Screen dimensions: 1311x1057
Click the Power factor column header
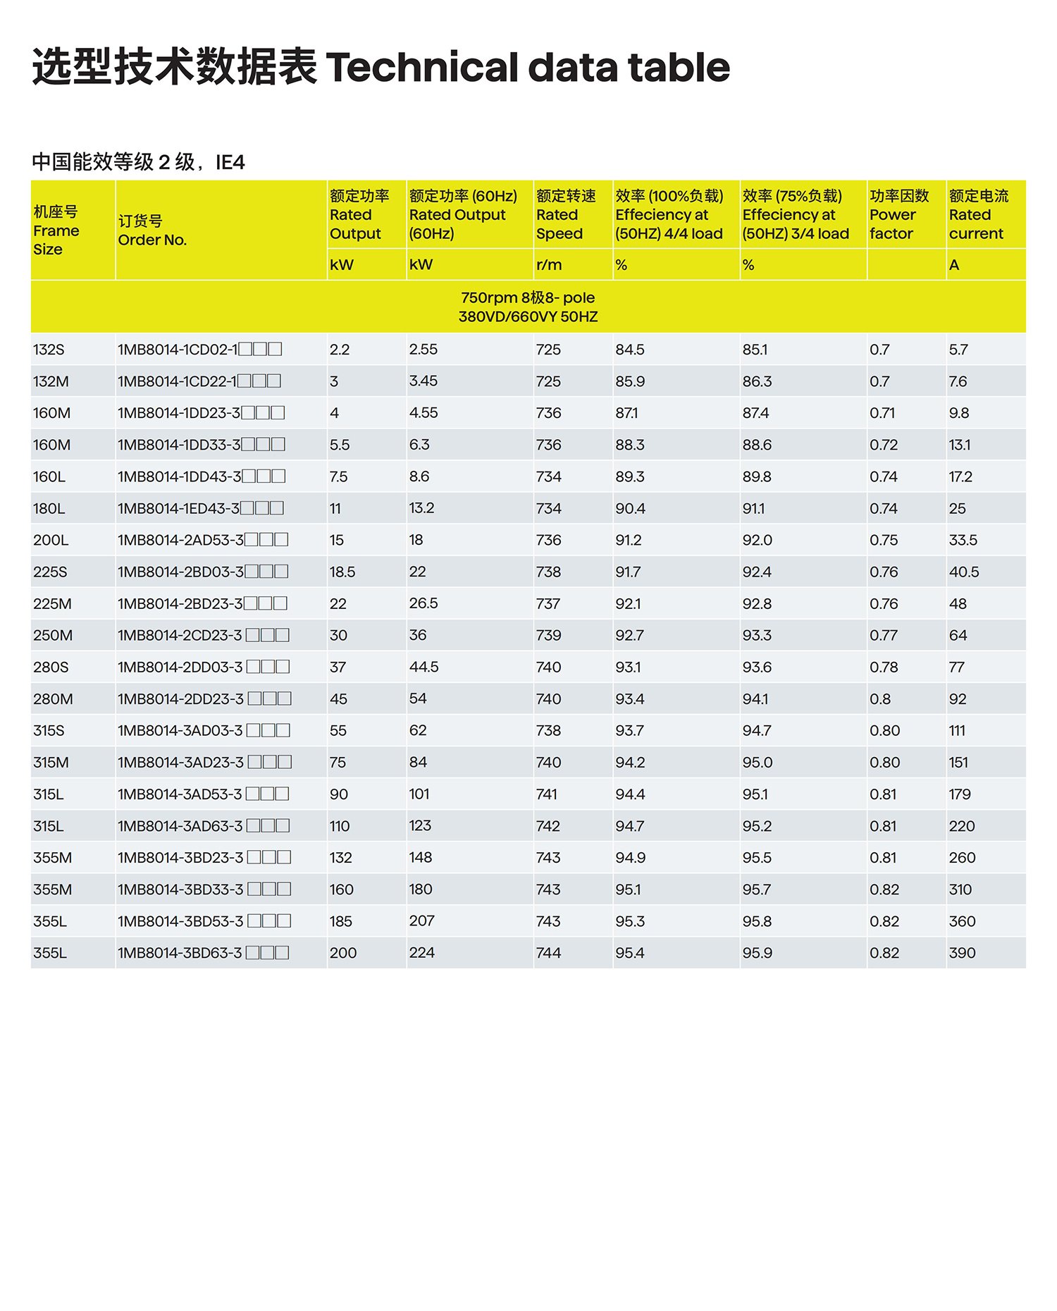click(x=898, y=214)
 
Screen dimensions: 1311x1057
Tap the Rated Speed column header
click(x=565, y=214)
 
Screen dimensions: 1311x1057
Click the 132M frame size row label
click(x=51, y=381)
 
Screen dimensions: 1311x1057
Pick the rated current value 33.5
click(x=963, y=540)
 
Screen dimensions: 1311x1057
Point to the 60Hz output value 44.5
click(x=424, y=667)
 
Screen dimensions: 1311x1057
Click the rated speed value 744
click(x=548, y=953)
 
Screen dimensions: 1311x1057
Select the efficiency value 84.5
click(x=629, y=350)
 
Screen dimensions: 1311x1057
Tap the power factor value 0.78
click(x=884, y=667)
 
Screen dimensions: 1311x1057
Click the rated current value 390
click(x=962, y=953)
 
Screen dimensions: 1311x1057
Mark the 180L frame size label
click(x=49, y=508)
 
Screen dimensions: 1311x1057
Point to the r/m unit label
click(x=549, y=265)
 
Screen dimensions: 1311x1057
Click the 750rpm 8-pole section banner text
click(x=528, y=307)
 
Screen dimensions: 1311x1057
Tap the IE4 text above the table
click(x=230, y=163)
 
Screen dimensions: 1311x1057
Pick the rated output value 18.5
click(x=342, y=572)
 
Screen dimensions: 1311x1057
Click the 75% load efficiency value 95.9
click(x=757, y=953)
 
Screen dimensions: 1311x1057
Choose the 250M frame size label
click(x=53, y=635)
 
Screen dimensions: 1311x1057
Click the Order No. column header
click(x=152, y=230)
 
